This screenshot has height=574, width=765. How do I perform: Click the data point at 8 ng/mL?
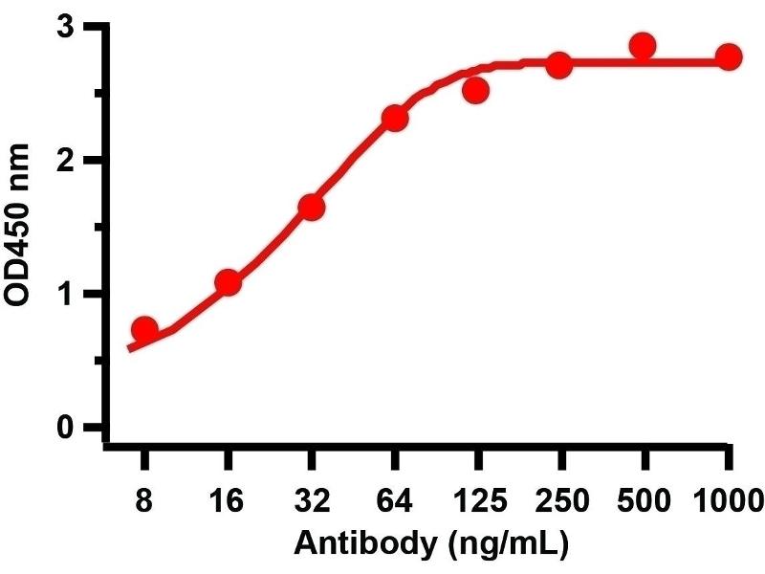[x=144, y=329]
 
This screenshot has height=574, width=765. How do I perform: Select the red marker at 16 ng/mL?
[x=228, y=282]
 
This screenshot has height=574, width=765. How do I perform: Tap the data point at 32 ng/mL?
[x=311, y=207]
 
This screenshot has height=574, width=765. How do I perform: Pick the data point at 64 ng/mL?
[x=395, y=118]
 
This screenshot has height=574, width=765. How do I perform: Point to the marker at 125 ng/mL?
[x=476, y=90]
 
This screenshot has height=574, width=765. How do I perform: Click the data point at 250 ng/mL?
[x=560, y=65]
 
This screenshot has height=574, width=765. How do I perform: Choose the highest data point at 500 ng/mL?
[x=643, y=45]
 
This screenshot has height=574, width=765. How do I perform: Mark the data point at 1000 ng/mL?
[x=729, y=56]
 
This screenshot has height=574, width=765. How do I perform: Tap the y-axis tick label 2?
[x=66, y=160]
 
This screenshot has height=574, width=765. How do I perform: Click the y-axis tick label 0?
[x=66, y=428]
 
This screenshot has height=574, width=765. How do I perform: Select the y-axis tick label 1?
[x=66, y=294]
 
